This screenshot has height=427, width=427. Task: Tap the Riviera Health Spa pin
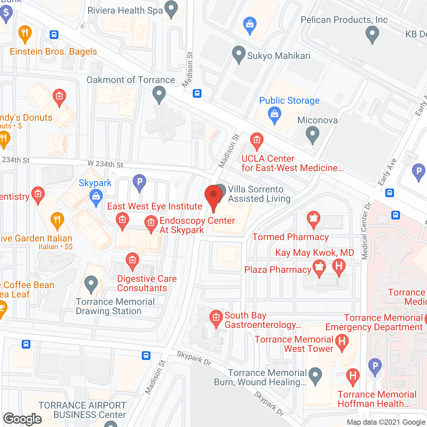click(x=171, y=9)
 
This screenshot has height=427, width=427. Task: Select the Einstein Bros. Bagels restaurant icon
click(x=25, y=33)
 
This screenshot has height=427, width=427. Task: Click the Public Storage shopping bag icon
click(x=275, y=114)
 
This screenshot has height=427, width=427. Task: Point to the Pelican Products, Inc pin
click(x=372, y=34)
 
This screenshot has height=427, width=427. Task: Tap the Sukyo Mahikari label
click(x=279, y=56)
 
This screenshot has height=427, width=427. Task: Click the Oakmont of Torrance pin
click(x=159, y=94)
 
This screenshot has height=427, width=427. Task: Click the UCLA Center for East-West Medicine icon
click(x=257, y=140)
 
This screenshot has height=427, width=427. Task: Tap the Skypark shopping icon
click(x=96, y=197)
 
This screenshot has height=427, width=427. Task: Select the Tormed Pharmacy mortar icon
click(x=313, y=219)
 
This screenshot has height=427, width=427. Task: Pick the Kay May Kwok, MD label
click(x=315, y=253)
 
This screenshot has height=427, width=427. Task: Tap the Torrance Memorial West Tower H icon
click(x=342, y=342)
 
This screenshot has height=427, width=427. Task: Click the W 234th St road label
click(x=105, y=164)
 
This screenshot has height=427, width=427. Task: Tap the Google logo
click(x=23, y=419)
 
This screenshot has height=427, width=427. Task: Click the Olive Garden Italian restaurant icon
click(x=57, y=220)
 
